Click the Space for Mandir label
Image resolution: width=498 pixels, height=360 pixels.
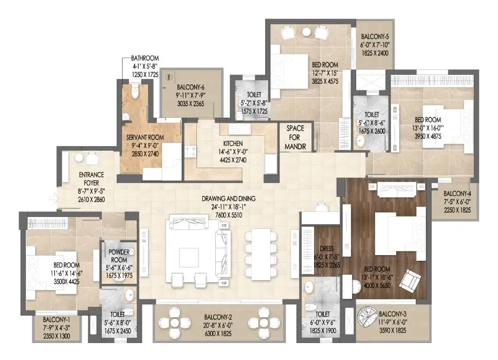pos(296,137)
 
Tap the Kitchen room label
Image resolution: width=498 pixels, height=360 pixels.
pos(233,143)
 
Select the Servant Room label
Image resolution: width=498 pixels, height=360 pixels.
pos(145,138)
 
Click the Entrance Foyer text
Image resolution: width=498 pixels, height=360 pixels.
pos(91,179)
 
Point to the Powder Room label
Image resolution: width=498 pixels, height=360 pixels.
pos(119,256)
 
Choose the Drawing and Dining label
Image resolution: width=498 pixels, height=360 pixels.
pos(229,199)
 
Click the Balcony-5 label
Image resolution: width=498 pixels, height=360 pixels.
pos(375,37)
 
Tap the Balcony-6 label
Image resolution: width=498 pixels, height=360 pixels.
pos(191,87)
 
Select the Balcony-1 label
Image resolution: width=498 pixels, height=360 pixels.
pos(57,319)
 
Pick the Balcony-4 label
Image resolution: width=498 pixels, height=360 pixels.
pos(457,193)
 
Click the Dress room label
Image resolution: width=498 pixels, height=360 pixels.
pos(327,249)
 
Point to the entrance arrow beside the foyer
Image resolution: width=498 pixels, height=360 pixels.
pos(53,199)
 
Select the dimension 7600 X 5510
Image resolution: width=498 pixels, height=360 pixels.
pos(229,215)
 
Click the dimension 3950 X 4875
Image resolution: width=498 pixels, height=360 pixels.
pos(428,136)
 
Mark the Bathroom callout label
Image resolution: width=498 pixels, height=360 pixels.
pos(145,58)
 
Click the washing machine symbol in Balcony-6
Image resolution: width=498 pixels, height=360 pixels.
pos(169,77)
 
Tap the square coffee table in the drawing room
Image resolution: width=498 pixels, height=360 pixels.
pos(189,257)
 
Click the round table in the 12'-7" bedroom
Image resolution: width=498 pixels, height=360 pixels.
pos(306,32)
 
